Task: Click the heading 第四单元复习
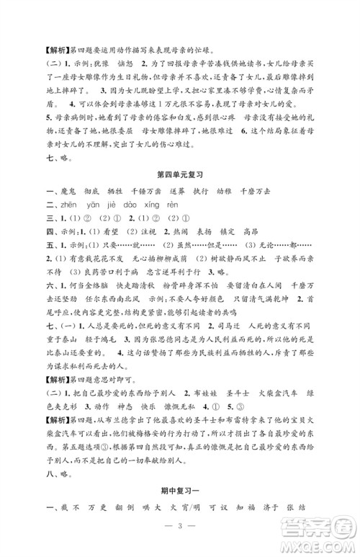179,174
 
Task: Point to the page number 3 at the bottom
179,537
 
